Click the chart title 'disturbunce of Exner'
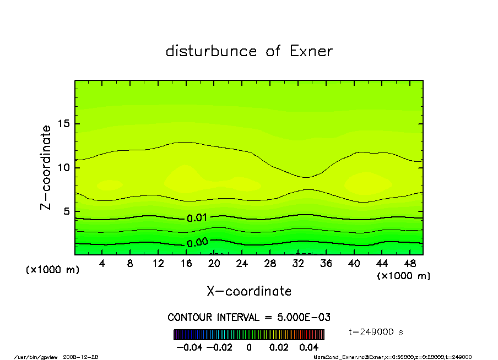pos(249,51)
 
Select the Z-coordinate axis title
pos(46,167)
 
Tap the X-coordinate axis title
pos(249,291)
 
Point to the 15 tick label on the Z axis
pos(64,124)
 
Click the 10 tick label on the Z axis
pos(64,167)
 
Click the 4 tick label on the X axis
pos(102,264)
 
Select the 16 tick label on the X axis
pos(186,264)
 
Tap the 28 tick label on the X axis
pos(270,264)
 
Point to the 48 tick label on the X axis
pos(409,264)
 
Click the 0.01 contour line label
pos(197,218)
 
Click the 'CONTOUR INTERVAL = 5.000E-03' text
pos(249,318)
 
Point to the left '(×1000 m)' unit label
pos(52,270)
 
